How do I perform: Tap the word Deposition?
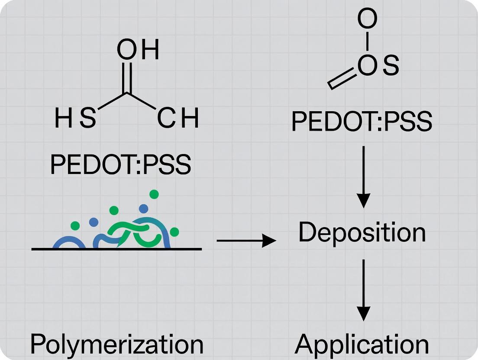point(362,232)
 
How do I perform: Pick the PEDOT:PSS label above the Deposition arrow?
point(362,122)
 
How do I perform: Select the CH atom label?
point(178,119)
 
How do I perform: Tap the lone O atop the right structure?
point(367,19)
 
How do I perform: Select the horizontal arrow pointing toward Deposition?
point(246,241)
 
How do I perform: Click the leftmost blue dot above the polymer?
point(94,222)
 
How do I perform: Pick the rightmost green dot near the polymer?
point(174,232)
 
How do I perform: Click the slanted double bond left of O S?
point(342,80)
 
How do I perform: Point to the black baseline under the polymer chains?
point(117,249)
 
